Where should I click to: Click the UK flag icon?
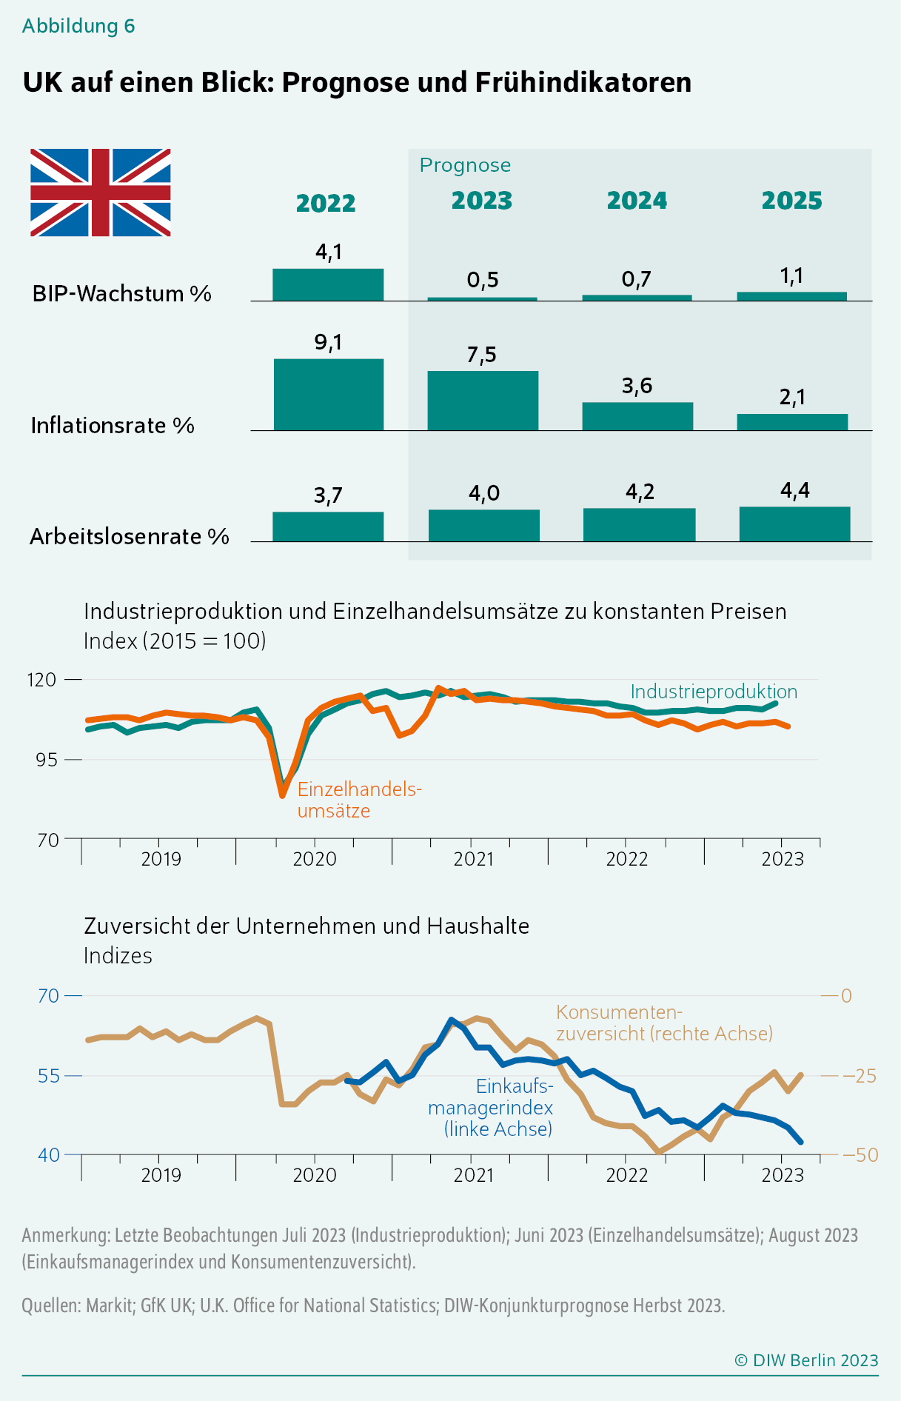[101, 193]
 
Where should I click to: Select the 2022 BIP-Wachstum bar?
[328, 285]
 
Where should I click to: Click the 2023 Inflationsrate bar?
[483, 401]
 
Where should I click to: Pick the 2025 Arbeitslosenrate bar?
[794, 524]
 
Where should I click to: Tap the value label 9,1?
[328, 342]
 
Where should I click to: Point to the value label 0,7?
[637, 280]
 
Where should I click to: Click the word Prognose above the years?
[465, 165]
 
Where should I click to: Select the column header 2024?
[637, 201]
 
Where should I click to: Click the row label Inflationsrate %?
[113, 426]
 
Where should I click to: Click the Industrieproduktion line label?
[714, 692]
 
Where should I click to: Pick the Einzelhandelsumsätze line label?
[359, 800]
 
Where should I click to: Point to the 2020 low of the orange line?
[282, 795]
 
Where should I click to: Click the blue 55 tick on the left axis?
[49, 1075]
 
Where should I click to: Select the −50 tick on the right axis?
[860, 1155]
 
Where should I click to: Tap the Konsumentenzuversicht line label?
[664, 1023]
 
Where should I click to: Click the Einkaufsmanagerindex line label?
[491, 1107]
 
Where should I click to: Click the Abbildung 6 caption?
[78, 26]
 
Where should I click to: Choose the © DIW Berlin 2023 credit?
[806, 1360]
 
